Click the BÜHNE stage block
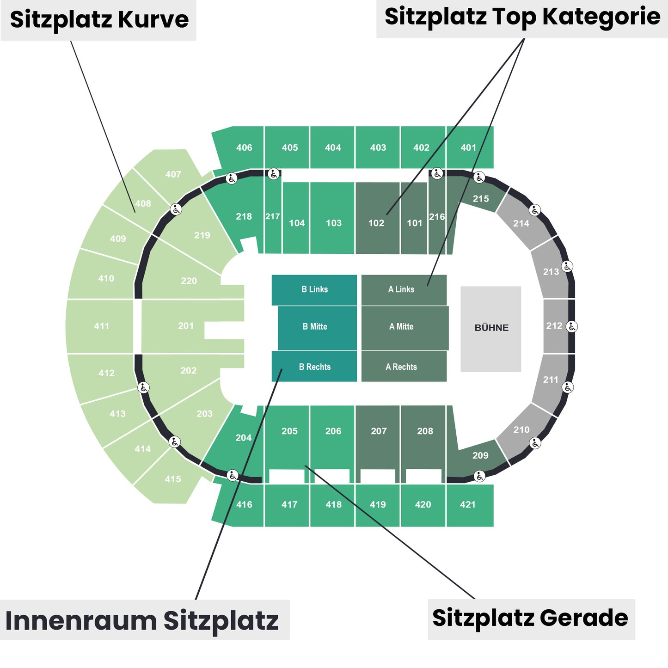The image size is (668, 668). click(491, 328)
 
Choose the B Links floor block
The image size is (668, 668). click(314, 289)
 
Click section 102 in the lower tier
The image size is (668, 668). click(376, 223)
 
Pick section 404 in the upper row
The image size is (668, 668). click(333, 147)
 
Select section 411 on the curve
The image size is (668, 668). click(102, 326)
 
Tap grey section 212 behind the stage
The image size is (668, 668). click(554, 326)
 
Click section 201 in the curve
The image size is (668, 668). click(186, 326)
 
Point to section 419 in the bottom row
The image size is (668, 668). click(378, 504)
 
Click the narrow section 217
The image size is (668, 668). click(273, 216)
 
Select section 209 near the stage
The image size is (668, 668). click(480, 455)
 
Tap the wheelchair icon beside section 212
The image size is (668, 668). click(572, 326)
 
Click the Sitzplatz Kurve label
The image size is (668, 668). click(99, 20)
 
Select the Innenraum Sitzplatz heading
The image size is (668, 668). click(142, 620)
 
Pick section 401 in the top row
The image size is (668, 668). click(469, 147)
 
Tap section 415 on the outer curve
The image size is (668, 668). click(173, 479)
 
